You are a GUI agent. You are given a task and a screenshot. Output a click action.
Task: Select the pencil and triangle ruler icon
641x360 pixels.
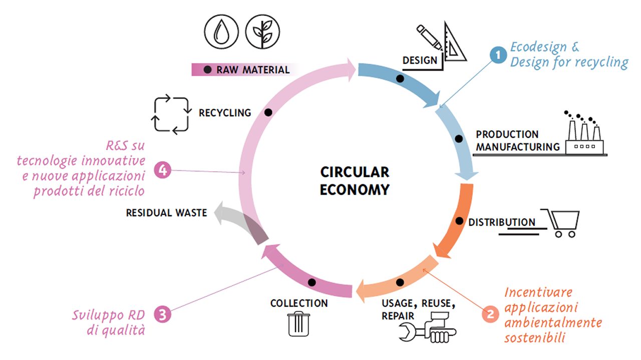pyautogui.click(x=444, y=42)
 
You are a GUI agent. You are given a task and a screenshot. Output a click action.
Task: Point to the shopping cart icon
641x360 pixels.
pyautogui.click(x=563, y=223)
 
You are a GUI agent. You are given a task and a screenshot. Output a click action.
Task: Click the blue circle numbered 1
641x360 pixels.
pyautogui.click(x=498, y=55)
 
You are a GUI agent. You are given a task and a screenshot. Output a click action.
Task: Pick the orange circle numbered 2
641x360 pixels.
pyautogui.click(x=490, y=314)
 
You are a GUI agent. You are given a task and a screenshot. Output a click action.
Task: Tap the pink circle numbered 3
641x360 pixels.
pyautogui.click(x=162, y=314)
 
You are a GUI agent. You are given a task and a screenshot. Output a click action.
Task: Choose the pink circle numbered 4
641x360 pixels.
pyautogui.click(x=163, y=170)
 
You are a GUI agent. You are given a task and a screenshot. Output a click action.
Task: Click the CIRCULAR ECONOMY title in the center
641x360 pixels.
pyautogui.click(x=355, y=181)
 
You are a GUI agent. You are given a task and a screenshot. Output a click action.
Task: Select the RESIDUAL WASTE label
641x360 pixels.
pyautogui.click(x=166, y=213)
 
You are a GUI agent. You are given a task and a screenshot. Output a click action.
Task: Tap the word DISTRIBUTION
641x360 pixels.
pyautogui.click(x=501, y=222)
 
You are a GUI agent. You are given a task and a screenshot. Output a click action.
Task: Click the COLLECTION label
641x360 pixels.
pyautogui.click(x=299, y=303)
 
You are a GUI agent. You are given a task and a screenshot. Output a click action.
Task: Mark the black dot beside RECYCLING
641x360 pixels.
pyautogui.click(x=268, y=113)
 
